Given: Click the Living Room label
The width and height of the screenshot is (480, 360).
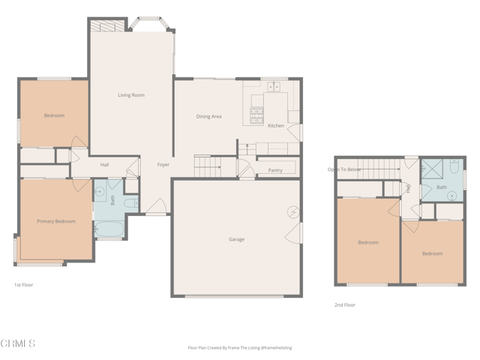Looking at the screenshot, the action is [131, 95].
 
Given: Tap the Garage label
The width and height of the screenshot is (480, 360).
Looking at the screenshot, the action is [237, 239].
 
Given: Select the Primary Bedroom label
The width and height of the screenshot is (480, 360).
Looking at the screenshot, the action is [56, 221].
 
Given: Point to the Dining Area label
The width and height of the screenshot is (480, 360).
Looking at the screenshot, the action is [208, 116].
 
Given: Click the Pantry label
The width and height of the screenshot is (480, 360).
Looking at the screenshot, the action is [275, 170].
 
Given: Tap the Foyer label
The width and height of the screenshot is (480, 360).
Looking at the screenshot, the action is [163, 165].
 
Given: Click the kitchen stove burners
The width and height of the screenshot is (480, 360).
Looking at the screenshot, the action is [256, 115].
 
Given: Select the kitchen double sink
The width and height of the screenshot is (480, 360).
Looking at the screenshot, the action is [274, 87].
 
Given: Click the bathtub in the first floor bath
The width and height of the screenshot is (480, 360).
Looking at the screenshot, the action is [109, 229].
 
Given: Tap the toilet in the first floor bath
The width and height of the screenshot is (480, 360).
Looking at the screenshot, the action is [131, 203].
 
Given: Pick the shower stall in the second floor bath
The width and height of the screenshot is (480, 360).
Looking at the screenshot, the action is [432, 168].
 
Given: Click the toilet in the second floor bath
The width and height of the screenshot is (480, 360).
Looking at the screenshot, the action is [454, 166].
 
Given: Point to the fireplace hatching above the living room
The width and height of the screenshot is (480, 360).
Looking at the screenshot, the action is [108, 25].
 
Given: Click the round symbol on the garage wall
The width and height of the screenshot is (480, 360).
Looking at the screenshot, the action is [293, 211].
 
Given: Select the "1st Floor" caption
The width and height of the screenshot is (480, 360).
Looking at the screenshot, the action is [23, 285].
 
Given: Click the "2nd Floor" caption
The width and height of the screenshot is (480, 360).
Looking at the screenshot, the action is [345, 305].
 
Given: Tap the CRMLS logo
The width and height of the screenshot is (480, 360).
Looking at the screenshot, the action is [18, 343].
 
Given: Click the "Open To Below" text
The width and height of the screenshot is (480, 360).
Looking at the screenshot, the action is [344, 169].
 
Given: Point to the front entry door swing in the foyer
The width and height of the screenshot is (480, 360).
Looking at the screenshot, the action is [156, 205].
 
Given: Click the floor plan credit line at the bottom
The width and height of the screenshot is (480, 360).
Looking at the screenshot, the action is [240, 348].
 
